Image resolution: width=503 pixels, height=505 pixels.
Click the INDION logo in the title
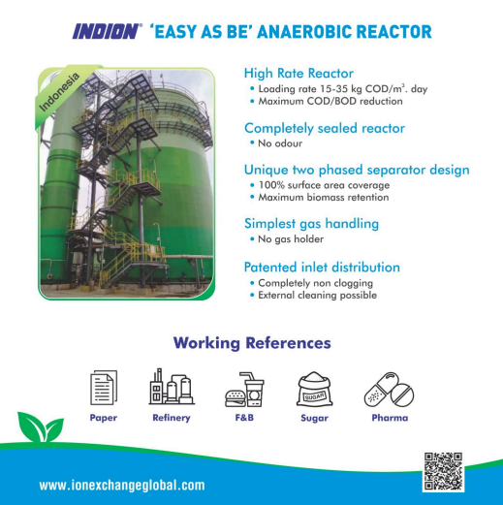point(107,32)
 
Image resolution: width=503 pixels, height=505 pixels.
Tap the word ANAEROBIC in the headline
point(304,32)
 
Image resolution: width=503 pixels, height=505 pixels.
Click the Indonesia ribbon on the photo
point(60,94)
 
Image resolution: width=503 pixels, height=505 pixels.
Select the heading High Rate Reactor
point(299,73)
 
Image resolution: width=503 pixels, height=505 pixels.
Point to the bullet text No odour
point(280,143)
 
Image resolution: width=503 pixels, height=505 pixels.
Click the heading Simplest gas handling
point(311,224)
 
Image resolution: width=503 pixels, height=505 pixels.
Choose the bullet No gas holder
point(291,239)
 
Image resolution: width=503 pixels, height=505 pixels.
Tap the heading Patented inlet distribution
point(322,268)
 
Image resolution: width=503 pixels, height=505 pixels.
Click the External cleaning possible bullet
point(317,296)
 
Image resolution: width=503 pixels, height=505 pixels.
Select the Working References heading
point(252,343)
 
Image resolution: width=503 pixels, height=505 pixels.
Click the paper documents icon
point(104,388)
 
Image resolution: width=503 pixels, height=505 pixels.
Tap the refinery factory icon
point(172,387)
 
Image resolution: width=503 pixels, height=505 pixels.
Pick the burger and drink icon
point(244,390)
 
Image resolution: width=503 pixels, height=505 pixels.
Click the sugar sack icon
point(314,389)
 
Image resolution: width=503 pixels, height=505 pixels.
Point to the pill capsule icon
point(389,389)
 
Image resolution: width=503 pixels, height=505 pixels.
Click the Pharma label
point(390,418)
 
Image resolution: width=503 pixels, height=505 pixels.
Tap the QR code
point(443,472)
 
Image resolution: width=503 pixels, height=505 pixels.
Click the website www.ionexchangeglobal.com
point(122,486)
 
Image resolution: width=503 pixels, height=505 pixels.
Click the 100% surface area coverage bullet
point(324,185)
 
